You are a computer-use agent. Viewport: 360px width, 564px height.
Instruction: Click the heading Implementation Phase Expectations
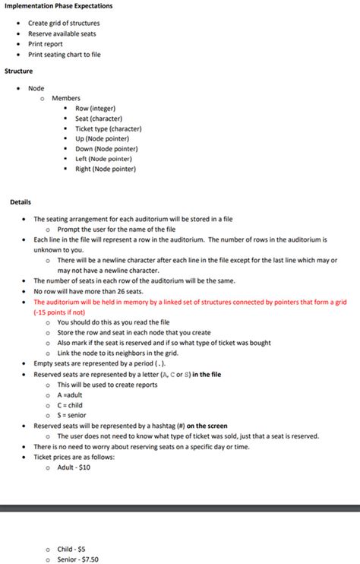[58, 6]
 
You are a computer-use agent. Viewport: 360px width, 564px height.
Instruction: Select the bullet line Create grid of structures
[64, 23]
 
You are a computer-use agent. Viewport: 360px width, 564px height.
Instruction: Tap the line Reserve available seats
[62, 33]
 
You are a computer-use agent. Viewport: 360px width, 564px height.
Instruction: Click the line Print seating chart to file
[64, 55]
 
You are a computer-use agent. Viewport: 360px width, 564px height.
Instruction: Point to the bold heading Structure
[19, 71]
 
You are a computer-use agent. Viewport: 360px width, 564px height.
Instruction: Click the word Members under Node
[66, 99]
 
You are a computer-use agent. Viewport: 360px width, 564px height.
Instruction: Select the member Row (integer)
[95, 109]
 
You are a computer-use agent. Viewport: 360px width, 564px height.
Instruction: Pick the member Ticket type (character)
[108, 128]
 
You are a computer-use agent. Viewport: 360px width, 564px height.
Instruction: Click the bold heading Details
[21, 202]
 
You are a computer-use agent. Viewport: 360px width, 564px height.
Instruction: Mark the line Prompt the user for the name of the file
[116, 229]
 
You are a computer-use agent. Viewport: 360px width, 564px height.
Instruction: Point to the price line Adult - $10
[74, 467]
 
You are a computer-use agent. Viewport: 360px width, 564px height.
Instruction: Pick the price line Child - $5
[73, 549]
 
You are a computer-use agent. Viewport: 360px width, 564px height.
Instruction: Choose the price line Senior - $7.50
[77, 559]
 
